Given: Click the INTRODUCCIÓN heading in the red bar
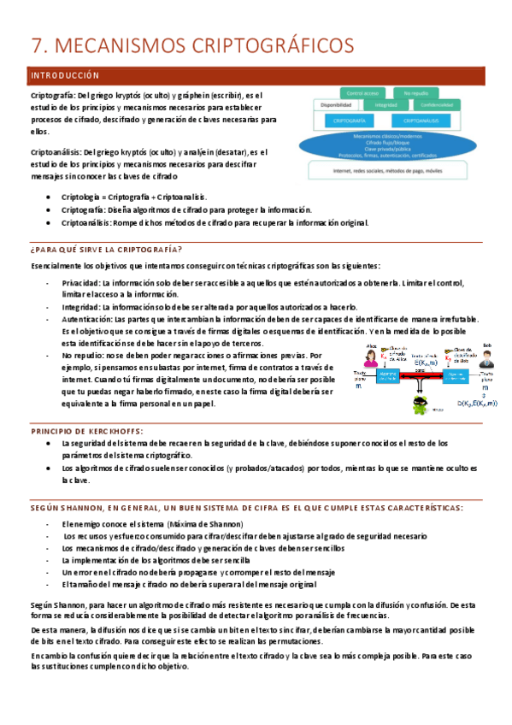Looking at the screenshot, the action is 65,76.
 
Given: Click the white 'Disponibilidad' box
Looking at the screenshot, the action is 337,105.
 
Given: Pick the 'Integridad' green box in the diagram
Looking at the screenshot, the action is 385,105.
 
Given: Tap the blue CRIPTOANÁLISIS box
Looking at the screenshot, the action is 427,121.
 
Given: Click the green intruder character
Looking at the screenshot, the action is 421,407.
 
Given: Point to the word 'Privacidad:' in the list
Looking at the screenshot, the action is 81,281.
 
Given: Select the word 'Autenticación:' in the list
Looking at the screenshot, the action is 86,318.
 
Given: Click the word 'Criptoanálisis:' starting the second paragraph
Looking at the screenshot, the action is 58,152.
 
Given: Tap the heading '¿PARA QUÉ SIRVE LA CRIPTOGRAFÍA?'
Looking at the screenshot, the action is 105,249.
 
